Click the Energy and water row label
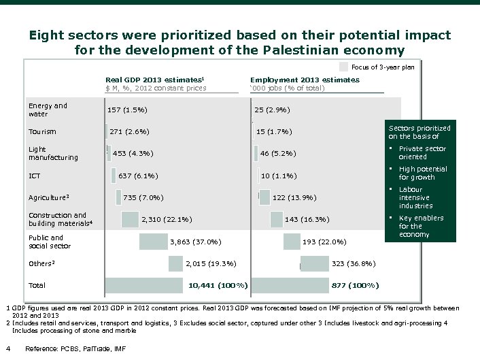pos(48,110)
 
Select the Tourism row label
pos(42,131)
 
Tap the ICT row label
pos(34,176)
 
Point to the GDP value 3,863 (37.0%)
pos(195,242)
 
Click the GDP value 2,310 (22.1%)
pos(166,219)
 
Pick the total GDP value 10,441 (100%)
pos(218,284)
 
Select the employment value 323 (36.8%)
pos(353,263)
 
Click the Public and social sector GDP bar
pos(153,242)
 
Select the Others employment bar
pos(314,263)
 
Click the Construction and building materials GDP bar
pos(130,219)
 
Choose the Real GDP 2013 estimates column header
pos(155,80)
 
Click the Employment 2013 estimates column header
pos(305,80)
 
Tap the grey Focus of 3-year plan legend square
pos(343,67)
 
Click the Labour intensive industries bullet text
pos(415,197)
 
